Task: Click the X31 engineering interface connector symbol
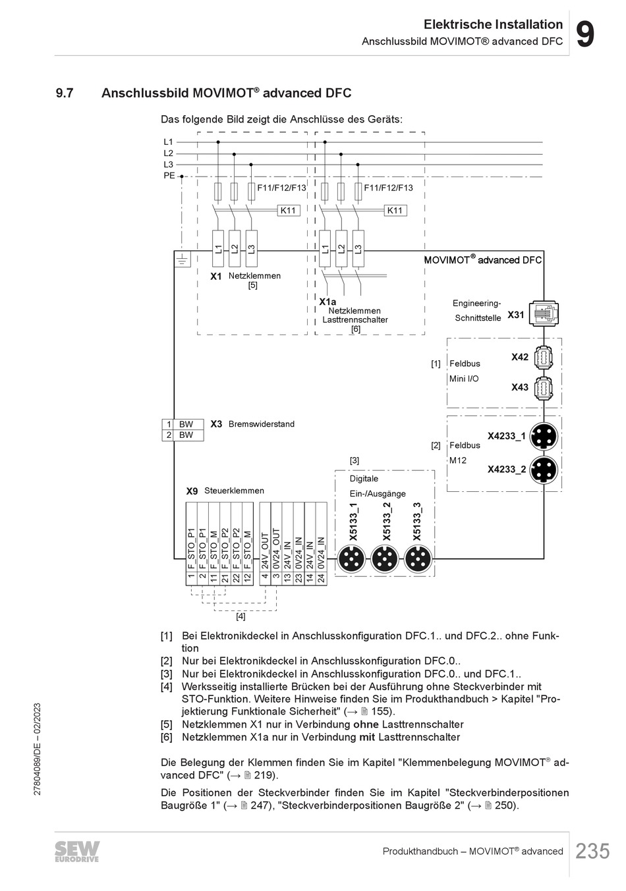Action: tap(543, 314)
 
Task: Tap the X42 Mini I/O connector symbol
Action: tap(544, 357)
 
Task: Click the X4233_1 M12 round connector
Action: tap(543, 437)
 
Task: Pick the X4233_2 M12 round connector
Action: tap(543, 470)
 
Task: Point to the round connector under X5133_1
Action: tap(351, 559)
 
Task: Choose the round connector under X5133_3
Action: tap(418, 559)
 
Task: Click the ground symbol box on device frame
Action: tap(183, 259)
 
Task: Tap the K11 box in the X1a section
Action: tap(395, 211)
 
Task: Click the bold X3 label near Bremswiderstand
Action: tap(216, 424)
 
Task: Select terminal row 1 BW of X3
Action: tap(183, 424)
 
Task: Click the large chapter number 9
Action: tap(585, 35)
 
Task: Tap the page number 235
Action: tap(592, 851)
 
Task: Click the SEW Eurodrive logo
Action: tap(77, 851)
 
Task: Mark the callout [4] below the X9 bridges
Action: tap(241, 616)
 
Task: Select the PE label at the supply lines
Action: tap(169, 175)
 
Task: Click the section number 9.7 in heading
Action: tap(65, 93)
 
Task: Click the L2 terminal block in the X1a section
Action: tap(341, 249)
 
